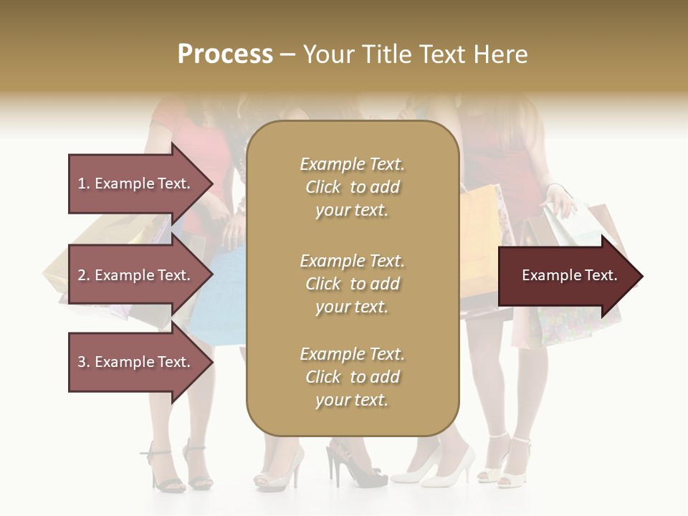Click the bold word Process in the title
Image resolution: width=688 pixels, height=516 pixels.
225,54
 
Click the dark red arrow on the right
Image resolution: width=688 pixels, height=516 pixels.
566,276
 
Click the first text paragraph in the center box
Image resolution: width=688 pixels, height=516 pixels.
352,187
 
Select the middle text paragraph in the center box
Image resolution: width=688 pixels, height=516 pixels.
352,284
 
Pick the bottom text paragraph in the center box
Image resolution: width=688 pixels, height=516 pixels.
352,377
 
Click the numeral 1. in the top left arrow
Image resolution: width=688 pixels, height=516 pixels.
84,183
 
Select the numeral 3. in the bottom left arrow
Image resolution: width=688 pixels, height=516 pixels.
84,362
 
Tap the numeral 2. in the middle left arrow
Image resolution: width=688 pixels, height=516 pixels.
84,275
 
